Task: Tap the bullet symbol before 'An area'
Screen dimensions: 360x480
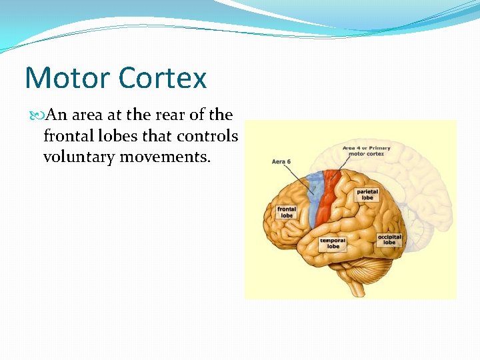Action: tap(36, 115)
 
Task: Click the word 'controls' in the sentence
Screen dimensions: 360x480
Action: tap(207, 136)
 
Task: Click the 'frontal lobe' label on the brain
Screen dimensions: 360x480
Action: tap(286, 212)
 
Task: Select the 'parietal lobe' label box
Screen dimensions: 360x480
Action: tap(367, 195)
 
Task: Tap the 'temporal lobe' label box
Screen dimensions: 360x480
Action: tap(333, 243)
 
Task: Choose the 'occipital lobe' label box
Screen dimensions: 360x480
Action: tap(389, 239)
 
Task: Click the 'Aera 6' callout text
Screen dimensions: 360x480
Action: tap(281, 162)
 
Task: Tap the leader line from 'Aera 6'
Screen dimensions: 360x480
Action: tap(300, 177)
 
